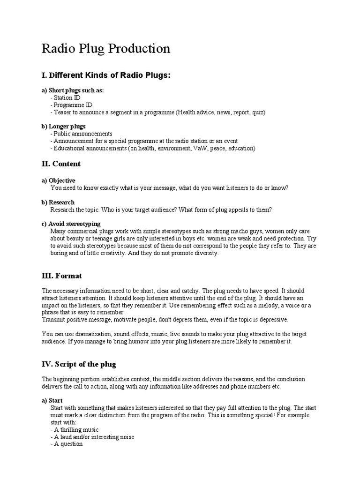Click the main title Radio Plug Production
point(106,49)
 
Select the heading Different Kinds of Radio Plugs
point(106,75)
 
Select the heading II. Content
point(61,164)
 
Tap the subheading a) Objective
point(59,180)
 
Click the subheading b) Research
point(58,202)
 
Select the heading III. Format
point(62,276)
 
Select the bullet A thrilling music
point(75,429)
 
